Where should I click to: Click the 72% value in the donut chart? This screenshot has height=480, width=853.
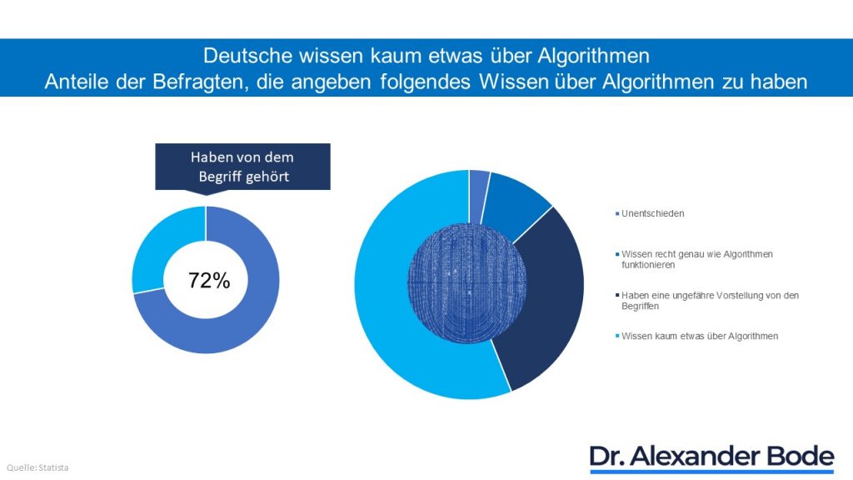[x=208, y=281]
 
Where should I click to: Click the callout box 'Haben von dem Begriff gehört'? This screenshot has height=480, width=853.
[x=242, y=166]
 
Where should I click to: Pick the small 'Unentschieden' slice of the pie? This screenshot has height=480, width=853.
[x=479, y=184]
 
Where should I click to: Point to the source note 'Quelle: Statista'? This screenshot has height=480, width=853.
[x=39, y=467]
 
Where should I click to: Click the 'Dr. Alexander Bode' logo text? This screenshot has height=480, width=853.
[x=711, y=456]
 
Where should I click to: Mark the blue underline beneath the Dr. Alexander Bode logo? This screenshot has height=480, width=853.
[x=711, y=472]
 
